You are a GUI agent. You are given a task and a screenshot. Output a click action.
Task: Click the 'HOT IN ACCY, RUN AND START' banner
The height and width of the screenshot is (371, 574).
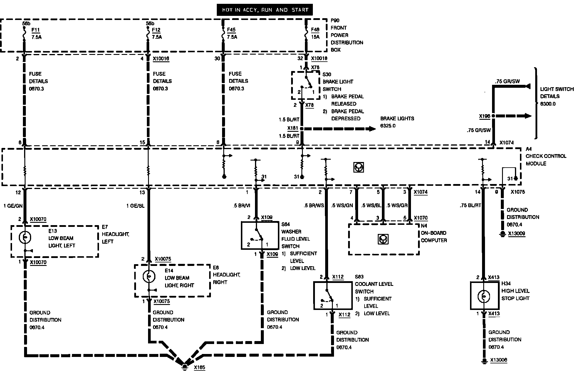click(265, 10)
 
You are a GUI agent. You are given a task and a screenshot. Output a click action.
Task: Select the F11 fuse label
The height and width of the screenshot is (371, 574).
click(35, 30)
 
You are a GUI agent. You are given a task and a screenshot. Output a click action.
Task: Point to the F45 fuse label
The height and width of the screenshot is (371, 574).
click(231, 30)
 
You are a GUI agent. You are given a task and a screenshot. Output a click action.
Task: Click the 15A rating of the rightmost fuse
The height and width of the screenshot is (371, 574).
click(315, 37)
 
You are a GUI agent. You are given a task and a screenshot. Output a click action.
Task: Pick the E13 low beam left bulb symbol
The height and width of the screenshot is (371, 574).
click(25, 237)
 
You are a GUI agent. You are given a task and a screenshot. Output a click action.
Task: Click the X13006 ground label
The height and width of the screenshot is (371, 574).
click(499, 360)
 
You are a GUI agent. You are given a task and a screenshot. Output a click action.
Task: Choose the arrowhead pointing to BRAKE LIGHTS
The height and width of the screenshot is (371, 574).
click(372, 129)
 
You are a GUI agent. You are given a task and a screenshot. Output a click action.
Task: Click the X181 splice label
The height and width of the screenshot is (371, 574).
click(293, 128)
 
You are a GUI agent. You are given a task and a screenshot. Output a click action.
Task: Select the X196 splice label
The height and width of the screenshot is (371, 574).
click(485, 116)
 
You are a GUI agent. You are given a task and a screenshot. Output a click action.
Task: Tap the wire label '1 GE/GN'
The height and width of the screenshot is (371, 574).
click(13, 206)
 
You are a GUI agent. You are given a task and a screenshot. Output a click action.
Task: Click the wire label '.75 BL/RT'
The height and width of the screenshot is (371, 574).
click(470, 205)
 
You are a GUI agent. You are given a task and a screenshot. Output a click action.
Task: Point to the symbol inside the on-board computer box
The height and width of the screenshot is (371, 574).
click(383, 239)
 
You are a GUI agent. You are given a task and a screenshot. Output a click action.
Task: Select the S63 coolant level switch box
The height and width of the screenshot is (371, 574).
click(333, 295)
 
